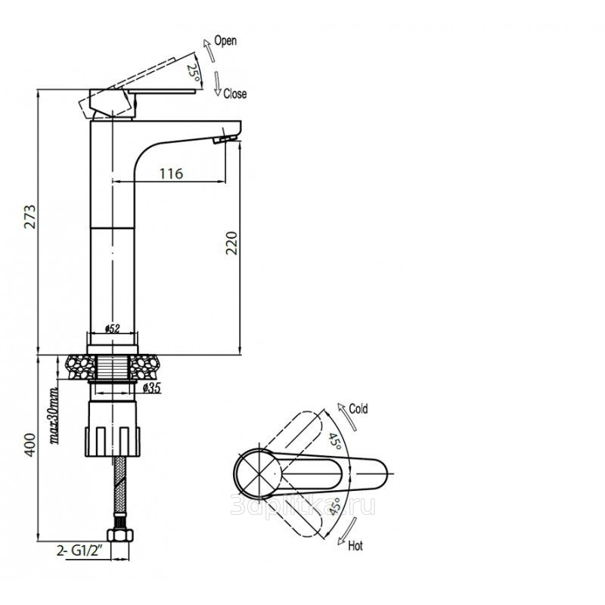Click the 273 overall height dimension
pos(29,216)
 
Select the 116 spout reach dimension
pos(172,174)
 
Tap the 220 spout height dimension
pos(232,243)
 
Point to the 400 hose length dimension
pos(29,445)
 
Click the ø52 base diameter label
pos(113,329)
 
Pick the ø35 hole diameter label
pos(152,388)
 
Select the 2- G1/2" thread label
pos(79,551)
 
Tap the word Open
pos(225,41)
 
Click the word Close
pos(235,94)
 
